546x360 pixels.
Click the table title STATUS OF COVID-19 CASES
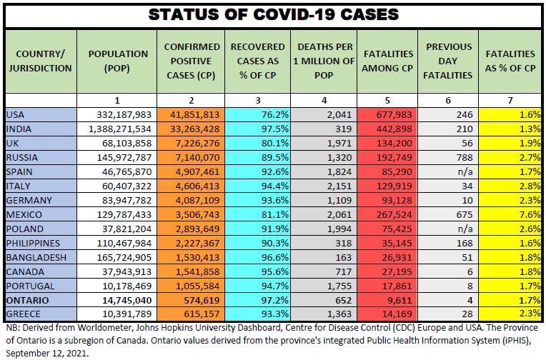272,14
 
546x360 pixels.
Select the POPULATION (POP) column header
118,61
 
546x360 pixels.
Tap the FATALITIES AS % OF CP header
510,61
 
